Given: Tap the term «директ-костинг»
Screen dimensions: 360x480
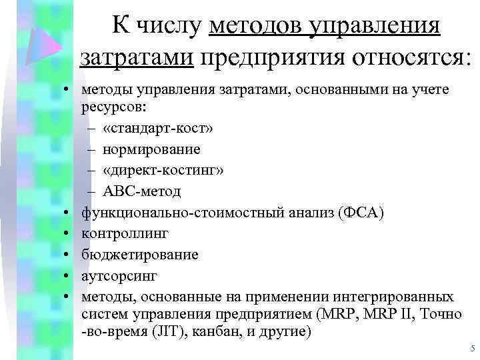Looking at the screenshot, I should pos(163,171).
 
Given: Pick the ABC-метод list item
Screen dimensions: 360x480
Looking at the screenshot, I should pos(141,191).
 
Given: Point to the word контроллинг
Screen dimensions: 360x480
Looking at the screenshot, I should pos(125,233).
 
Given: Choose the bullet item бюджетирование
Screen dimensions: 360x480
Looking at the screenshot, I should pos(139,255).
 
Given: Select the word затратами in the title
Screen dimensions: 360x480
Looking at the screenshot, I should pos(137,57).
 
